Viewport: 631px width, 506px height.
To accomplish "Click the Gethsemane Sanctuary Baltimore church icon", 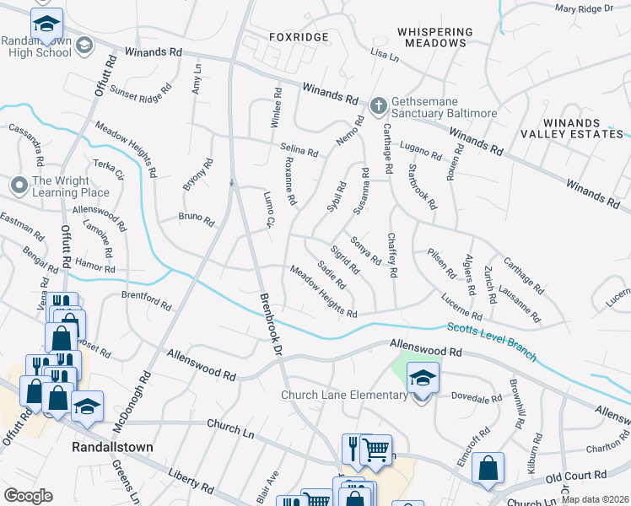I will point(379,105).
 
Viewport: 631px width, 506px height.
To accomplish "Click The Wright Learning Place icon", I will point(19,183).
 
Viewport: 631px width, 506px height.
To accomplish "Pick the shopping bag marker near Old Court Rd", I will point(488,468).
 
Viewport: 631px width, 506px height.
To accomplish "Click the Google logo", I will point(28,496).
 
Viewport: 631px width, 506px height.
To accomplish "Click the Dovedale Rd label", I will point(477,395).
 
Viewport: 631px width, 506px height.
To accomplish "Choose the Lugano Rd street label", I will point(421,151).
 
